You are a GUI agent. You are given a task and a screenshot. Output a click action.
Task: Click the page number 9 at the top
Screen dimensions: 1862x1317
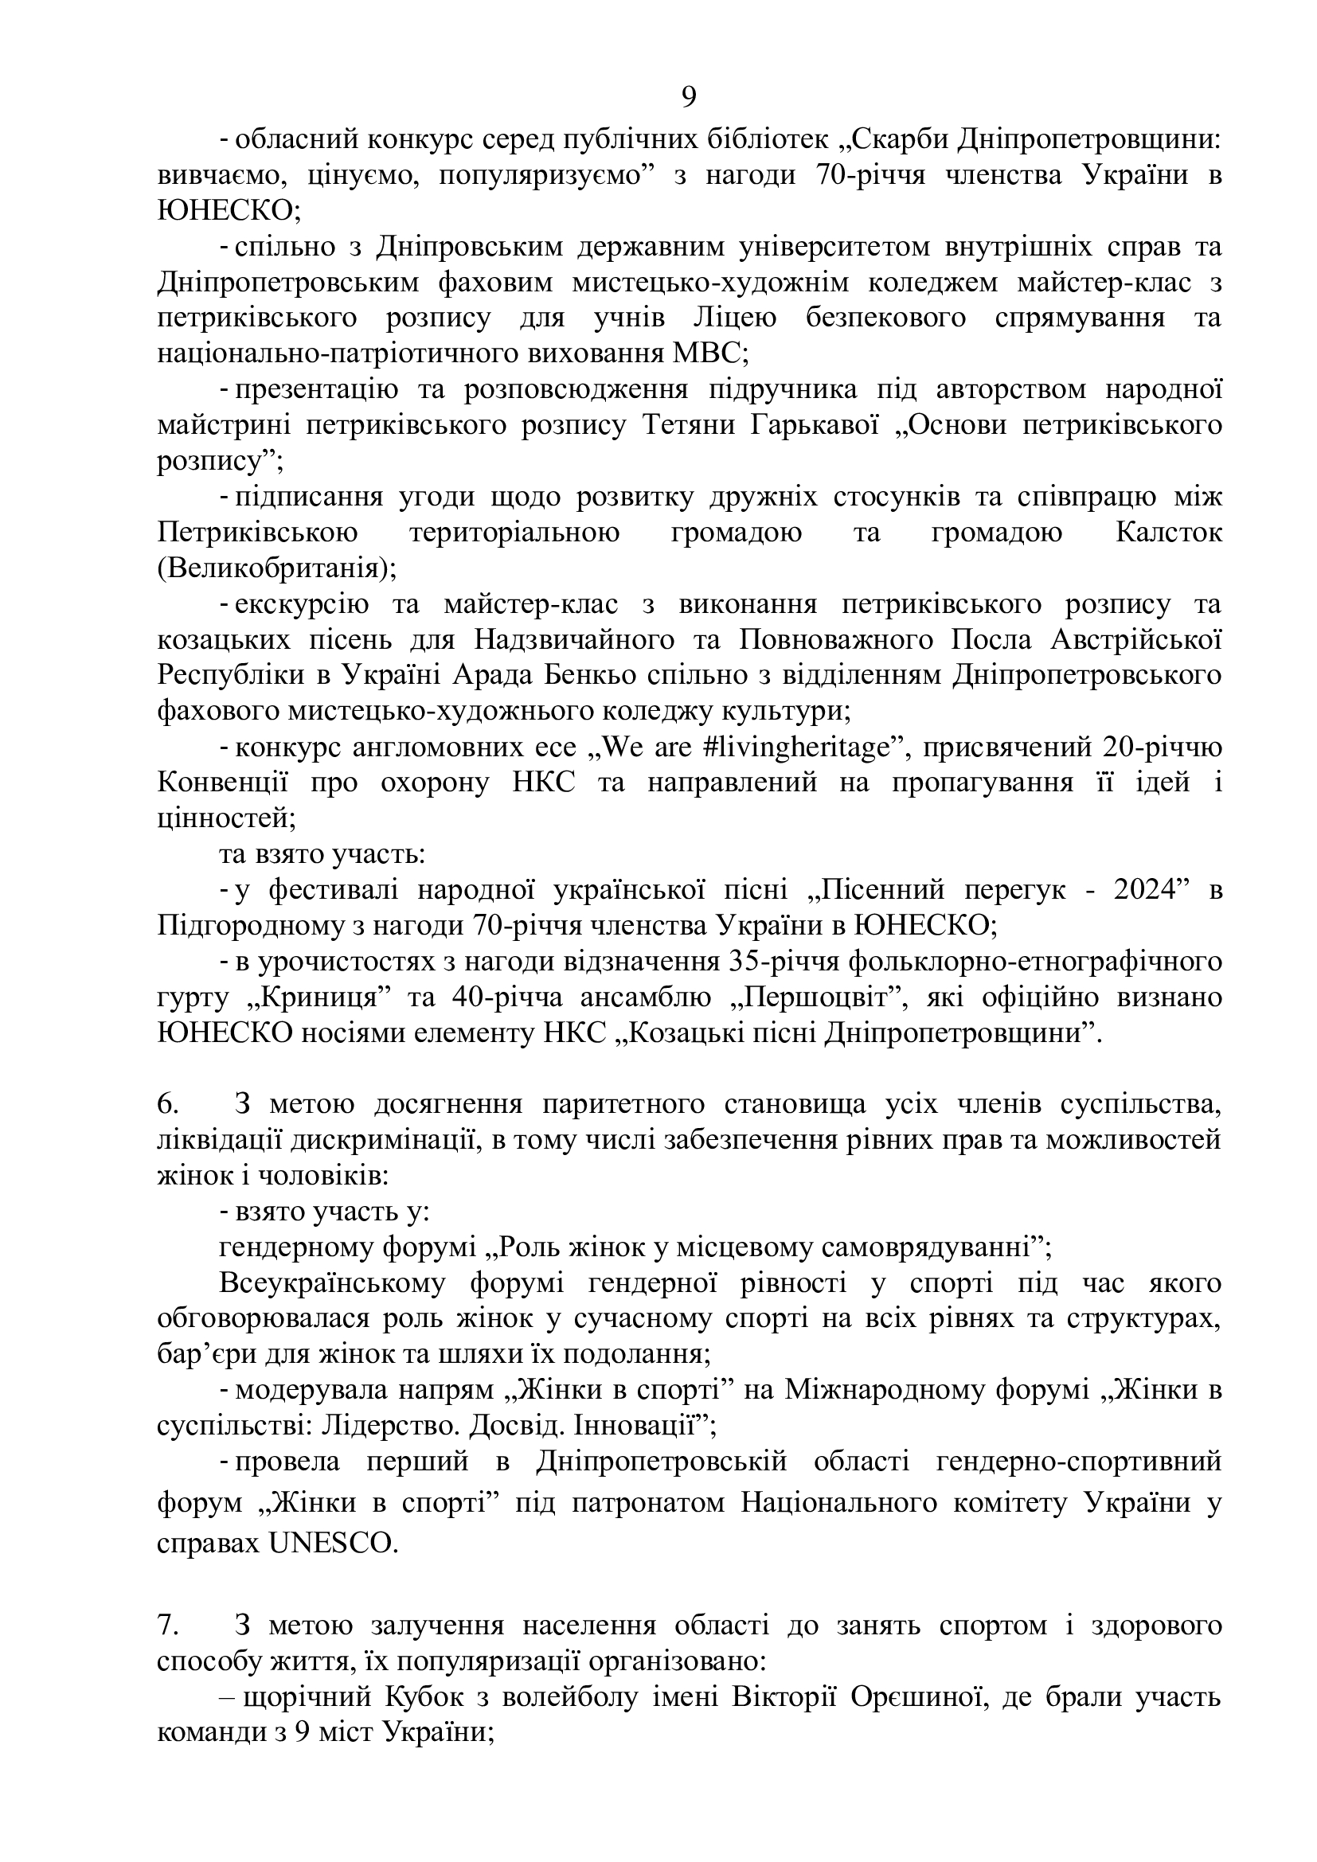tap(688, 97)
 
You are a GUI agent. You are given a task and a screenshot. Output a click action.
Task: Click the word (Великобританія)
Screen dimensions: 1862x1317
tap(276, 568)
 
